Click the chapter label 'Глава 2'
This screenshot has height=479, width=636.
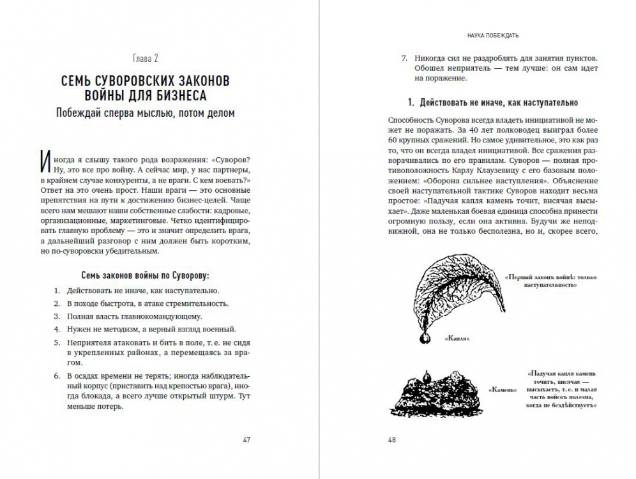click(x=146, y=59)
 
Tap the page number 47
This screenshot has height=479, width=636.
click(x=246, y=439)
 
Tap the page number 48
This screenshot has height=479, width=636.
click(x=392, y=439)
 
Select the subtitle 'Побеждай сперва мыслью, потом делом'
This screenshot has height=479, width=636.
click(x=145, y=114)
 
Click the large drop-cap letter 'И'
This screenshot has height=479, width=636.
click(x=45, y=163)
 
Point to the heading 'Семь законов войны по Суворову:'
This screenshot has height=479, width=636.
click(x=146, y=275)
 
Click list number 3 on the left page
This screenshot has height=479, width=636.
click(x=56, y=316)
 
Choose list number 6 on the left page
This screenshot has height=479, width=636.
click(x=56, y=374)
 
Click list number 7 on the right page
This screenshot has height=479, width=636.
click(x=404, y=56)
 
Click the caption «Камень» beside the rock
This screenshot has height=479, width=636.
click(x=502, y=390)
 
